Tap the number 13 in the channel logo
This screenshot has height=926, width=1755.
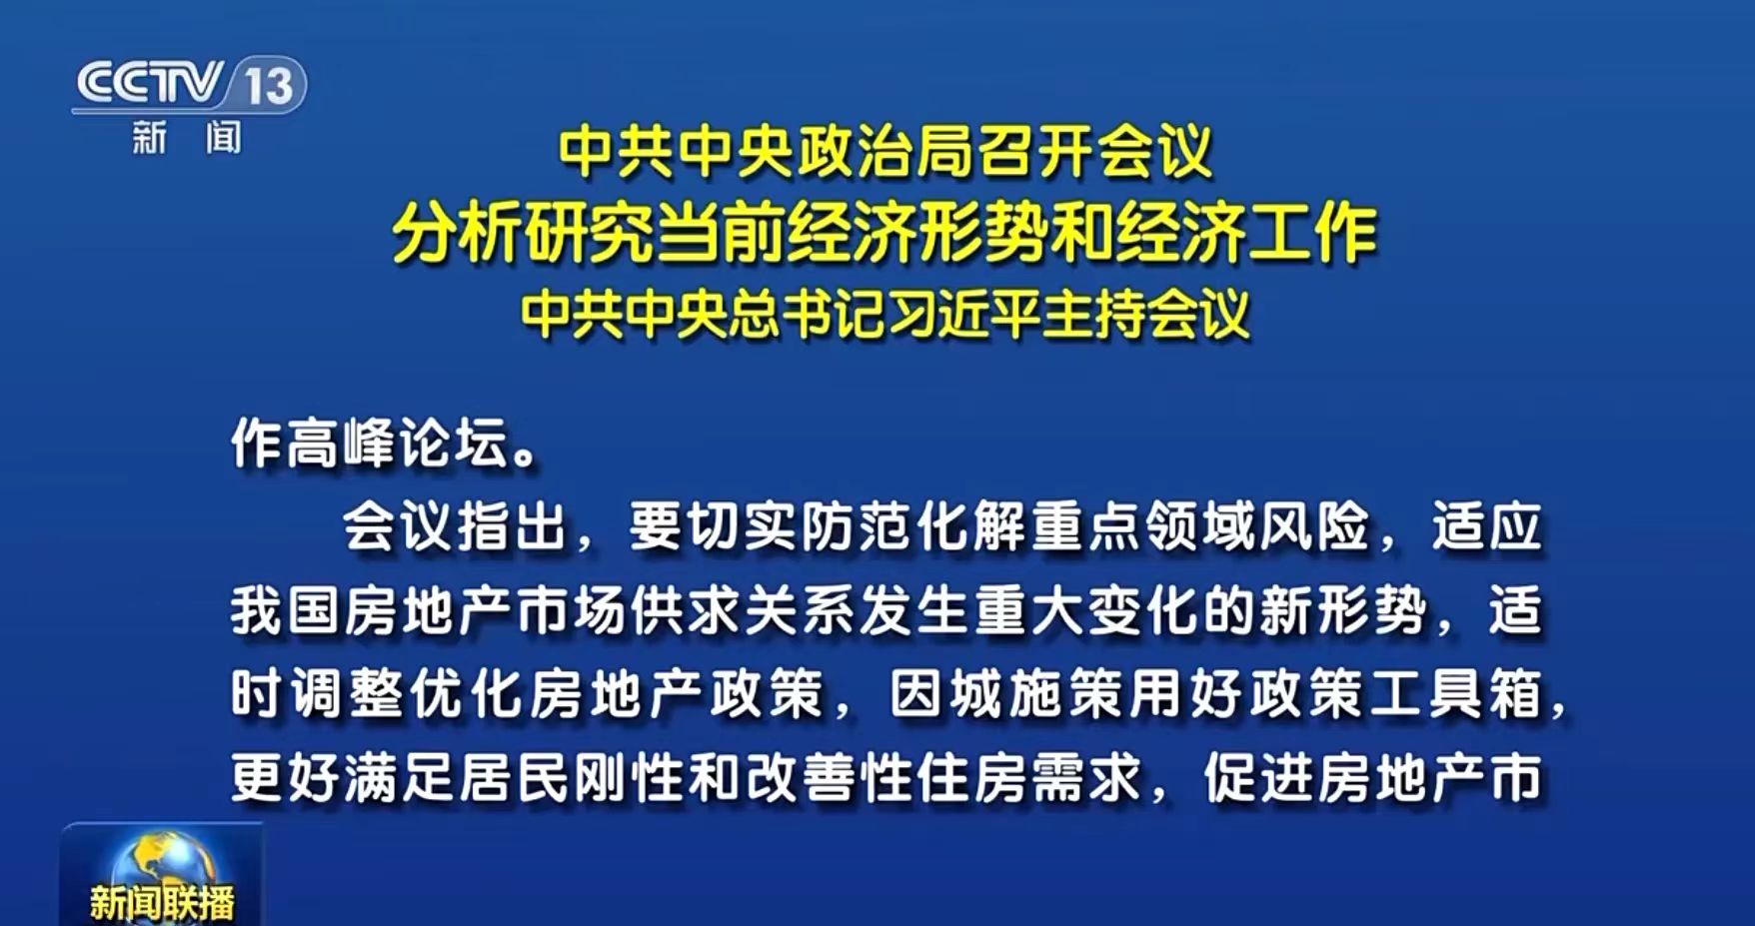[269, 85]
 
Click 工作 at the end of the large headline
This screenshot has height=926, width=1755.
[1313, 234]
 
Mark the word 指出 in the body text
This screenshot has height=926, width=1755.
[513, 526]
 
